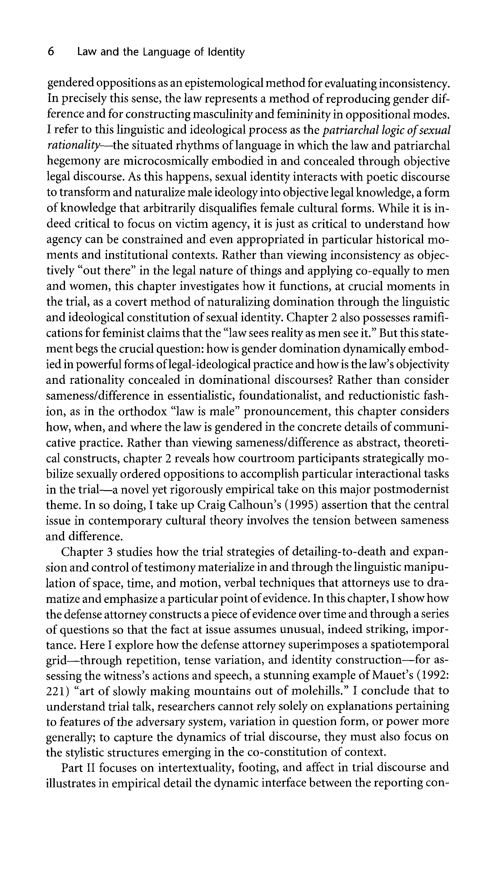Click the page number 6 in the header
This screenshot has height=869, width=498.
(x=51, y=52)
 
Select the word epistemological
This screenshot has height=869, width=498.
(x=208, y=83)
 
